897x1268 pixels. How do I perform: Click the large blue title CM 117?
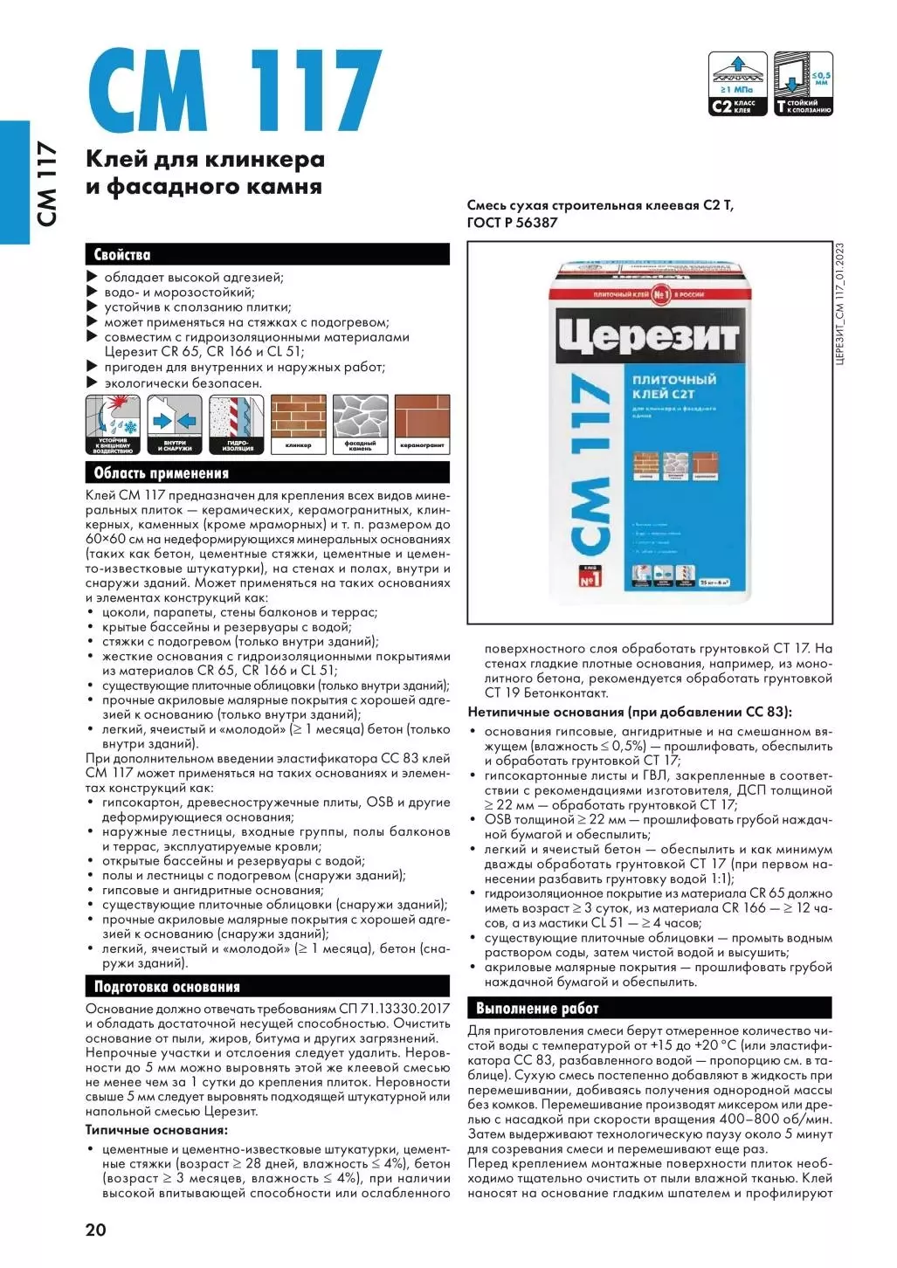234,91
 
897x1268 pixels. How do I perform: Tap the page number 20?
96,1230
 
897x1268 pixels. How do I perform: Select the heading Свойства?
122,255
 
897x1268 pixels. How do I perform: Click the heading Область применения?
161,473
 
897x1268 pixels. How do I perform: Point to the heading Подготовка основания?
167,987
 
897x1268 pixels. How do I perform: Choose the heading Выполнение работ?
537,1008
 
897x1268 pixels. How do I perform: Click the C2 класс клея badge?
738,84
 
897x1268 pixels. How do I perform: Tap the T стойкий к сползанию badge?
804,84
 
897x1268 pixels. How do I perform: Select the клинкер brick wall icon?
298,424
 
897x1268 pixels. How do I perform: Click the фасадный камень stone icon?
360,424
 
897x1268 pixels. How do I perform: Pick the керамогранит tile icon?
422,424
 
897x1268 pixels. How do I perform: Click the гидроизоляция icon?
237,424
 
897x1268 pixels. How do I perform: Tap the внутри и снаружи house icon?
175,424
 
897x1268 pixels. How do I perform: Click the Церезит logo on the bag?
649,335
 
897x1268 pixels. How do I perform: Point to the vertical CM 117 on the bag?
590,463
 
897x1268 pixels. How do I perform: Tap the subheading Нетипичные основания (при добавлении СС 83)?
630,712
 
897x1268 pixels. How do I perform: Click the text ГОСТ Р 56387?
512,223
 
